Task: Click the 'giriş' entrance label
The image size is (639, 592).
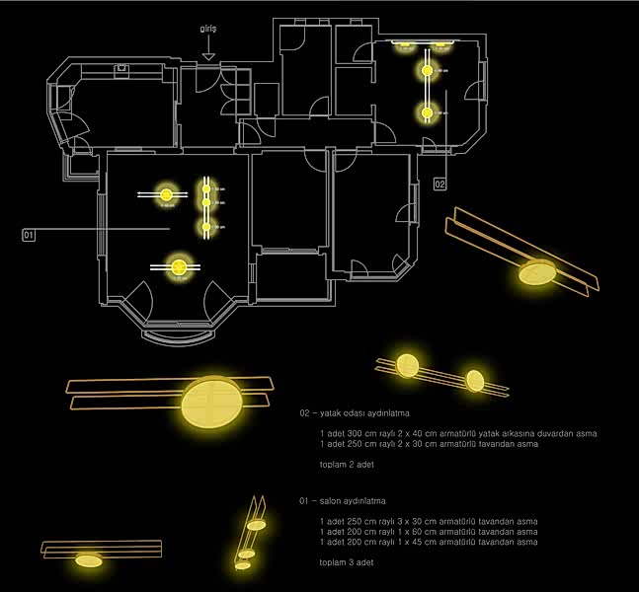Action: pos(207,30)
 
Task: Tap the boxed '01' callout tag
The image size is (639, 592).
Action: pos(29,235)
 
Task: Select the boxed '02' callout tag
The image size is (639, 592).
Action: pos(439,184)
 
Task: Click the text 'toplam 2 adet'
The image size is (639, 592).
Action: pos(346,464)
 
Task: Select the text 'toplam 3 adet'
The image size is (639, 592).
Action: pos(346,562)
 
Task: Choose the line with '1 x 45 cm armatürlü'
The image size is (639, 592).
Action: pos(429,543)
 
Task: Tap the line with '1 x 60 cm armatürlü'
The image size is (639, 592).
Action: pos(429,533)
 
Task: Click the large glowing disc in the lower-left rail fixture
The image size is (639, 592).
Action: pos(209,401)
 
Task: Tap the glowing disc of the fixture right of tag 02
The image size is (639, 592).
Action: pos(538,272)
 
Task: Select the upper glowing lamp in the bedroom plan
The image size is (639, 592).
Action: pos(428,71)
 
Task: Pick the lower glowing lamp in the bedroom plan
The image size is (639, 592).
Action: pos(428,113)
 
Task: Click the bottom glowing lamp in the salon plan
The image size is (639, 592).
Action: pos(179,265)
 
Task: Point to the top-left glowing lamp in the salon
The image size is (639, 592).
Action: pos(166,194)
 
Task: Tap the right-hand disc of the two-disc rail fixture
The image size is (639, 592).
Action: pos(475,380)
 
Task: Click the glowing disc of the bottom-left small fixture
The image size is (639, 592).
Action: pos(88,560)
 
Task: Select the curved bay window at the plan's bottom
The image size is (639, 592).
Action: pos(178,335)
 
